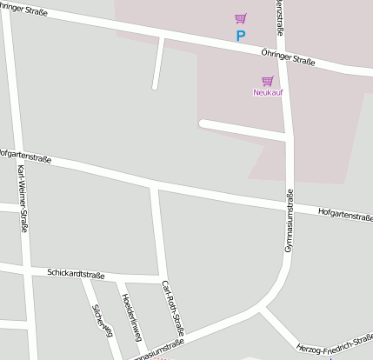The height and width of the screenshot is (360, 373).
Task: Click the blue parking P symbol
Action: (241, 36)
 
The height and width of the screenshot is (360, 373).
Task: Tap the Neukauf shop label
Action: (268, 92)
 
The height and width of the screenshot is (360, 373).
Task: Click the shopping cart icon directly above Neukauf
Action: (268, 81)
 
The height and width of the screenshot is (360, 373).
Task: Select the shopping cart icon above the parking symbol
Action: (241, 18)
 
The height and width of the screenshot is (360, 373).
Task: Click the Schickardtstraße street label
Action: (76, 274)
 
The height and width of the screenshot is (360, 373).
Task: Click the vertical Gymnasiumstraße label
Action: (290, 221)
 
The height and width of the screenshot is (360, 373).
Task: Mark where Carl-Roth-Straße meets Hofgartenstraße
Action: (154, 185)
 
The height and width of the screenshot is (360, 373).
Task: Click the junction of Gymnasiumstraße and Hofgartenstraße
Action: (290, 205)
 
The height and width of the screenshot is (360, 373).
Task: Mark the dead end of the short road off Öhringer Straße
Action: (156, 86)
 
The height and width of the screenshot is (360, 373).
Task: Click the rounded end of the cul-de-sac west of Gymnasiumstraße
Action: (203, 123)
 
